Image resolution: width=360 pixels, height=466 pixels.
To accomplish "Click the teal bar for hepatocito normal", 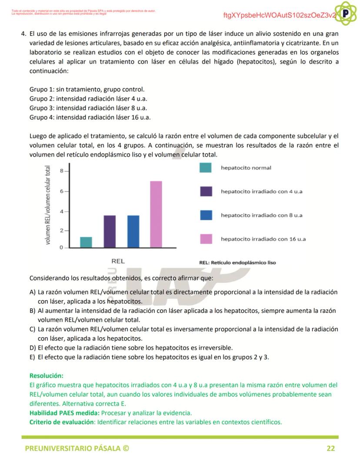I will [86, 242].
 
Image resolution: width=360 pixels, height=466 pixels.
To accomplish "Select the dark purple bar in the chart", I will [110, 231].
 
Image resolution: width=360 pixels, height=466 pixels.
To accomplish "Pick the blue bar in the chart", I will [133, 231].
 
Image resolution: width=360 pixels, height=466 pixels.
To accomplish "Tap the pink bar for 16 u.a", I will [156, 215].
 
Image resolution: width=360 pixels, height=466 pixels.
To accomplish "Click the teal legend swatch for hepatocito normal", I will [206, 168].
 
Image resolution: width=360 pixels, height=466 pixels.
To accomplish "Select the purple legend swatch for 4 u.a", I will [206, 191].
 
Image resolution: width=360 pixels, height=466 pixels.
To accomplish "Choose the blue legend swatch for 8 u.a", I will [206, 215].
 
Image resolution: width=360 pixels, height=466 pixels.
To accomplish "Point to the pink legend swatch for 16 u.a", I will [206, 239].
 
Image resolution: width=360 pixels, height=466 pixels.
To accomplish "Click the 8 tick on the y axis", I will [62, 171].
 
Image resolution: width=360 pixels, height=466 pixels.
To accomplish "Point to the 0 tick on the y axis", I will [62, 248].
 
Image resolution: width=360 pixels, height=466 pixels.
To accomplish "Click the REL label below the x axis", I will [118, 261].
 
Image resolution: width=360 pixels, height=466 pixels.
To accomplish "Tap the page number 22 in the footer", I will [330, 449].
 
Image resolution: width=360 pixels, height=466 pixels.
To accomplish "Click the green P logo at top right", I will [346, 13].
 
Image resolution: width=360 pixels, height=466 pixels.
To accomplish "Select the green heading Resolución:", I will [46, 375].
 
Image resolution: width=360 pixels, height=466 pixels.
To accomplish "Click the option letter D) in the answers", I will [33, 348].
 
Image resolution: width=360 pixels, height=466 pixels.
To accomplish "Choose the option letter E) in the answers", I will [33, 357].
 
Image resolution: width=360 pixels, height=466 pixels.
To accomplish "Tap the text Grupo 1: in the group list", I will [42, 89].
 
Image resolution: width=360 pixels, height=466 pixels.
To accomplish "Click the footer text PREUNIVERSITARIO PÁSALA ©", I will [77, 449].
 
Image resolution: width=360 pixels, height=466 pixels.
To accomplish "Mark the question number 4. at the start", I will [24, 34].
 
